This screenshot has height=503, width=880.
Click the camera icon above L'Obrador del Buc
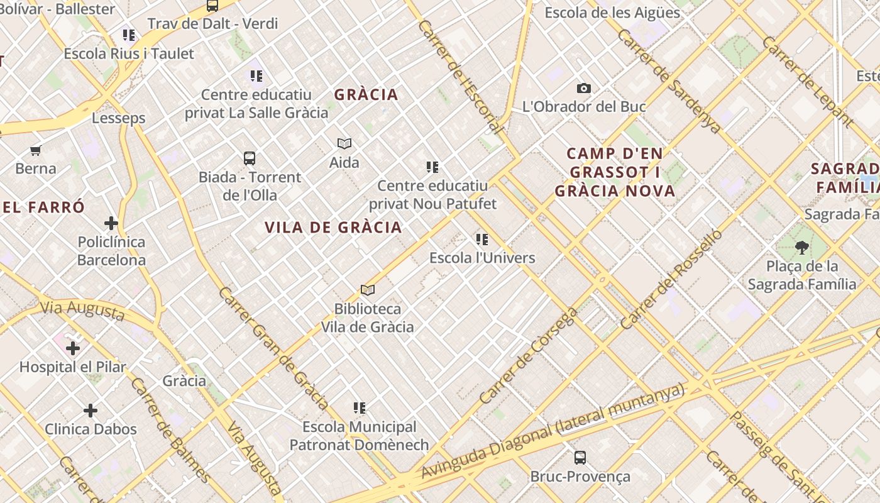pyautogui.click(x=584, y=89)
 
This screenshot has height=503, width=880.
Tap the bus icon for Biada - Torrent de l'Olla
pyautogui.click(x=250, y=158)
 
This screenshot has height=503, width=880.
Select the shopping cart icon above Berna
pyautogui.click(x=36, y=150)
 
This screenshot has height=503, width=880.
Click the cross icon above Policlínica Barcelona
pyautogui.click(x=111, y=223)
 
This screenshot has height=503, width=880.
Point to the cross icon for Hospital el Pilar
pyautogui.click(x=73, y=348)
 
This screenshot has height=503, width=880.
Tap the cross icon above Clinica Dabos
pyautogui.click(x=91, y=411)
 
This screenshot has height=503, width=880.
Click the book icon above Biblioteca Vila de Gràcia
pyautogui.click(x=368, y=290)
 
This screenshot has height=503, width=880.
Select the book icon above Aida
pyautogui.click(x=344, y=143)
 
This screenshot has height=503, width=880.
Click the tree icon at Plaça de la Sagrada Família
pyautogui.click(x=801, y=247)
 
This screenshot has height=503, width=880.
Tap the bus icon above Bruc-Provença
pyautogui.click(x=580, y=458)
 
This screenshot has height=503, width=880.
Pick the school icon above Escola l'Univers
pyautogui.click(x=482, y=239)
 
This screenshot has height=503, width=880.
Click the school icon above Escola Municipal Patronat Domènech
pyautogui.click(x=360, y=408)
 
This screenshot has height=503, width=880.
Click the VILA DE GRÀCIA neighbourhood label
pyautogui.click(x=333, y=228)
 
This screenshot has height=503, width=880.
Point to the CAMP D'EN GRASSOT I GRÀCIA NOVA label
pyautogui.click(x=615, y=172)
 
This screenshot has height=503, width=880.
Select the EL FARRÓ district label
pyautogui.click(x=43, y=207)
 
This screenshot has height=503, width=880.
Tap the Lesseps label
pyautogui.click(x=118, y=118)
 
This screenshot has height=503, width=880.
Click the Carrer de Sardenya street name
pyautogui.click(x=669, y=80)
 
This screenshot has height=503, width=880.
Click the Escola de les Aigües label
pyautogui.click(x=612, y=13)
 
